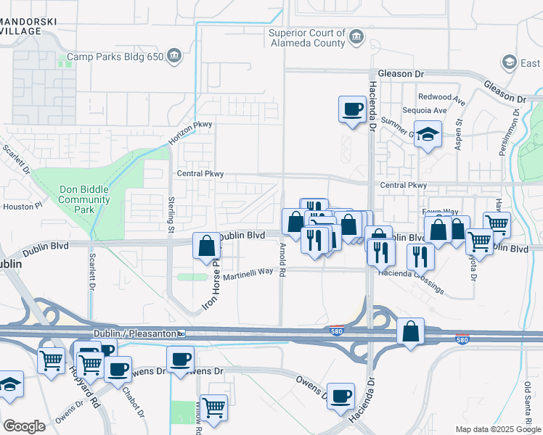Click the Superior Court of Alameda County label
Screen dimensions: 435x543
click(306, 38)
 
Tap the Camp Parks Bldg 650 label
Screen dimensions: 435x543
click(115, 56)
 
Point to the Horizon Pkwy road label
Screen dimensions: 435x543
click(192, 125)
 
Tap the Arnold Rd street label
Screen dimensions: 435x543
click(282, 254)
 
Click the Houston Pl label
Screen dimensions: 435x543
click(20, 207)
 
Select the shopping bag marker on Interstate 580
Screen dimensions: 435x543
click(410, 331)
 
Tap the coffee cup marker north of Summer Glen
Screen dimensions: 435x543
click(353, 109)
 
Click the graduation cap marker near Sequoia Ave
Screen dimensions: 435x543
click(428, 133)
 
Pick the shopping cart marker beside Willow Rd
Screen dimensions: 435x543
click(213, 407)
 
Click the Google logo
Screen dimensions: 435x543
click(24, 426)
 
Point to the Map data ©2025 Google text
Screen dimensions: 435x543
click(497, 428)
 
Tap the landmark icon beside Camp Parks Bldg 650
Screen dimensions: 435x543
click(174, 55)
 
